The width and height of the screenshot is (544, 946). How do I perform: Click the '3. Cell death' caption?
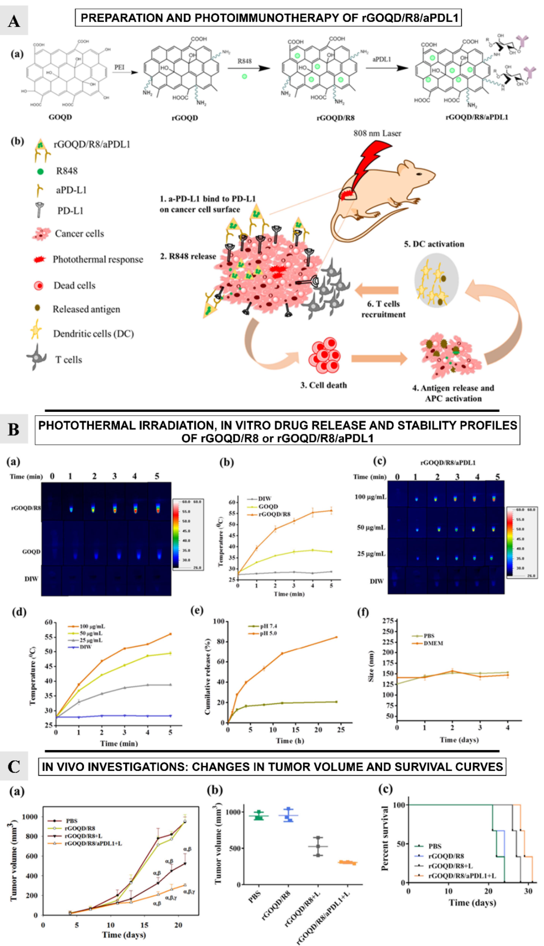coord(324,385)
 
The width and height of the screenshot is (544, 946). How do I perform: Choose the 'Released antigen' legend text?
coord(86,309)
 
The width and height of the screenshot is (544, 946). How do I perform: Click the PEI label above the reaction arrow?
coord(119,67)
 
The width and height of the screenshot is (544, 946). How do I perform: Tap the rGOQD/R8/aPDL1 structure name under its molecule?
coord(477,117)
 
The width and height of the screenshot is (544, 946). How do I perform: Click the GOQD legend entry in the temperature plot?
coord(268,506)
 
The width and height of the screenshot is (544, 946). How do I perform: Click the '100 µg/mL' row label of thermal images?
coord(370,497)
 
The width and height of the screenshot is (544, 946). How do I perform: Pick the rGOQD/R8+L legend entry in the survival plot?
coord(450,866)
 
